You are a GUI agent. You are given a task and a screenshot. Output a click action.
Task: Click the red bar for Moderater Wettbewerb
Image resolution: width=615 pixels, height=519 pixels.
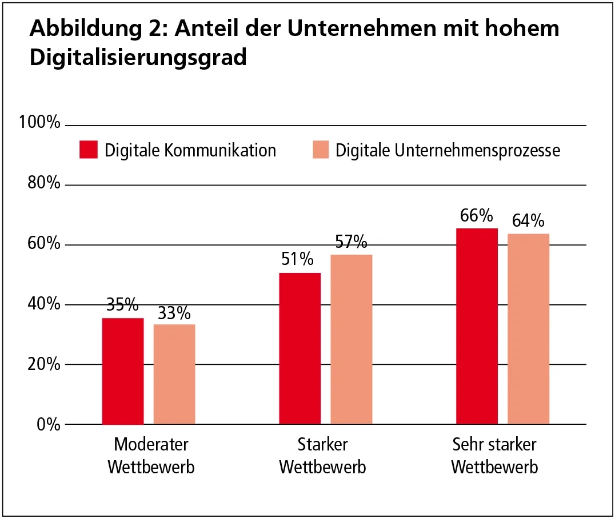tap(123, 371)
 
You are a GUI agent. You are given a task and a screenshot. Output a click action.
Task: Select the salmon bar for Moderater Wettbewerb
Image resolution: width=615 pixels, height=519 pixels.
tap(174, 375)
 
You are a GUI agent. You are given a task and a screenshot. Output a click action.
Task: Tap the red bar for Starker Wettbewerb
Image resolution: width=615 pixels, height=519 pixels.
tap(300, 348)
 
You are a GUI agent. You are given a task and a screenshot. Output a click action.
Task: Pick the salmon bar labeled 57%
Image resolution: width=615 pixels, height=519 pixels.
tap(352, 339)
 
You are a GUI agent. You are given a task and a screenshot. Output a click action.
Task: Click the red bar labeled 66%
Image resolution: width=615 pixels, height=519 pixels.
tap(477, 326)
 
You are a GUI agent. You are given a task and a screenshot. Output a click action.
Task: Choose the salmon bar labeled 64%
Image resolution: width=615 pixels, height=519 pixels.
tap(529, 329)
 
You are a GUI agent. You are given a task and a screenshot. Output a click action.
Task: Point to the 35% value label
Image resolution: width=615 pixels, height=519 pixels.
tap(122, 305)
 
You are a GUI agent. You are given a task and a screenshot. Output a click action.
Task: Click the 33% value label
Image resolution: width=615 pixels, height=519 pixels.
tap(174, 313)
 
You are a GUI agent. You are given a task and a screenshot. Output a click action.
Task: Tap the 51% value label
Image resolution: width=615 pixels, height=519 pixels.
tap(297, 260)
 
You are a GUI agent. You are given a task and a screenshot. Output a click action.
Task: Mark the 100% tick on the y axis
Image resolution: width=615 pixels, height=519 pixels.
tap(39, 122)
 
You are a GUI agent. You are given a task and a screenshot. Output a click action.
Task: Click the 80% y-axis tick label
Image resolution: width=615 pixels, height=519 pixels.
tap(42, 184)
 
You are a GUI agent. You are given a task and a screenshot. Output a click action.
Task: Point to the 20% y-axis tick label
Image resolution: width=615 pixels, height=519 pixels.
tap(42, 364)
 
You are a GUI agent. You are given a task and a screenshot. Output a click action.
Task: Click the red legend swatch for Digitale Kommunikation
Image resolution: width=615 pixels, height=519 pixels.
tap(89, 150)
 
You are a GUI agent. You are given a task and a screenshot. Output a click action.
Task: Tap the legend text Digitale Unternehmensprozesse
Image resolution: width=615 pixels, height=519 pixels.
tap(448, 150)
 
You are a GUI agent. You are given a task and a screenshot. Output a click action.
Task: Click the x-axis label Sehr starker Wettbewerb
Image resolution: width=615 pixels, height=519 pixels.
tap(494, 456)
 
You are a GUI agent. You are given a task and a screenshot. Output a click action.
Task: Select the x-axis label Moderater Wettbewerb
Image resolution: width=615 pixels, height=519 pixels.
tap(151, 456)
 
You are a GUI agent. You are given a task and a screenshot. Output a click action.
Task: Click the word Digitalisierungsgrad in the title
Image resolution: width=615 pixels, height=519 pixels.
tap(138, 58)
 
